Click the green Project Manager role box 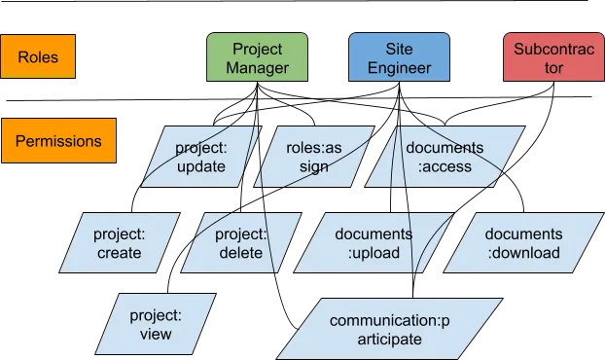pos(258,57)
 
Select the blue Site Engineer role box pos(399,57)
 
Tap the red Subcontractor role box pos(553,57)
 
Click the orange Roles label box pos(38,56)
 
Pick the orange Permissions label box pos(58,140)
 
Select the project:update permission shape pos(201,157)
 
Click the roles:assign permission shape pos(314,157)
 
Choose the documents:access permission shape pos(445,157)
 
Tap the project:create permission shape pos(120,242)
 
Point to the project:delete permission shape pos(241,242)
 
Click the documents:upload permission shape pos(374,242)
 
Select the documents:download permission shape pos(523,242)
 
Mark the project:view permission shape pos(156,324)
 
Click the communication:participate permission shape pos(389,329)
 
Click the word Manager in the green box pos(258,67)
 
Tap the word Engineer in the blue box pos(399,68)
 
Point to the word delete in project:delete pos(241,253)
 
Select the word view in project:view pos(156,334)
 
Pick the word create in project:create pos(120,253)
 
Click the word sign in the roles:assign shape pos(314,166)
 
